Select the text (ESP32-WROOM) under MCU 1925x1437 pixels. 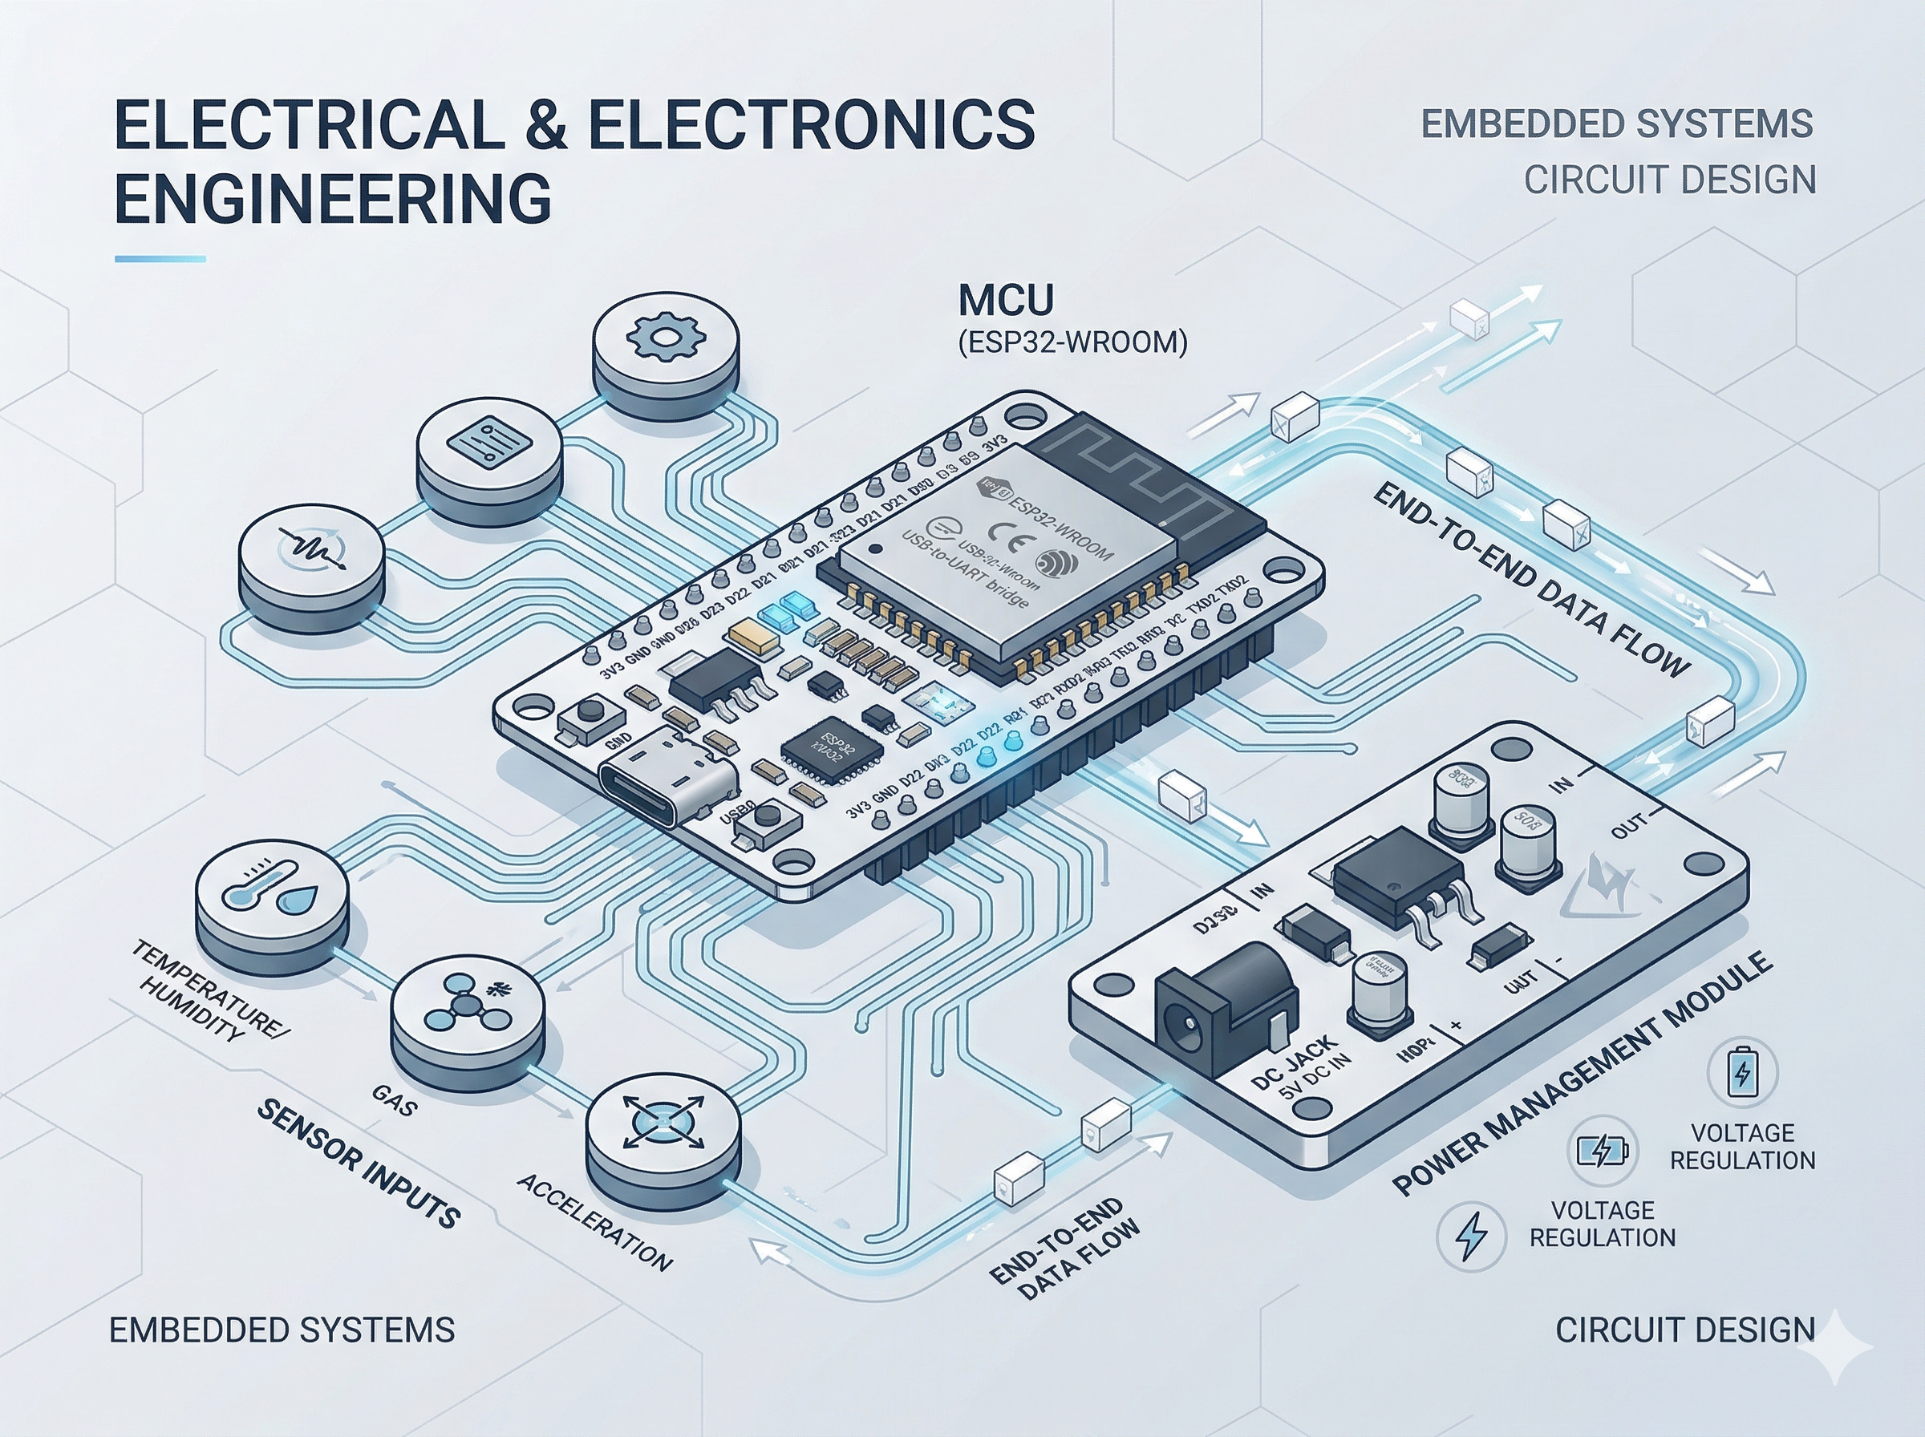coord(1072,342)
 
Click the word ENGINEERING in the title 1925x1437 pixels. coord(333,198)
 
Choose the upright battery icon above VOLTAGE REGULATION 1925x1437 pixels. coord(1741,1074)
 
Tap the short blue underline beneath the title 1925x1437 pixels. coord(160,258)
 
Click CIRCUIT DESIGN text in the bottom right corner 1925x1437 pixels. coord(1685,1330)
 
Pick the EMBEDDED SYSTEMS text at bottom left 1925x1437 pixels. coord(282,1330)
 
